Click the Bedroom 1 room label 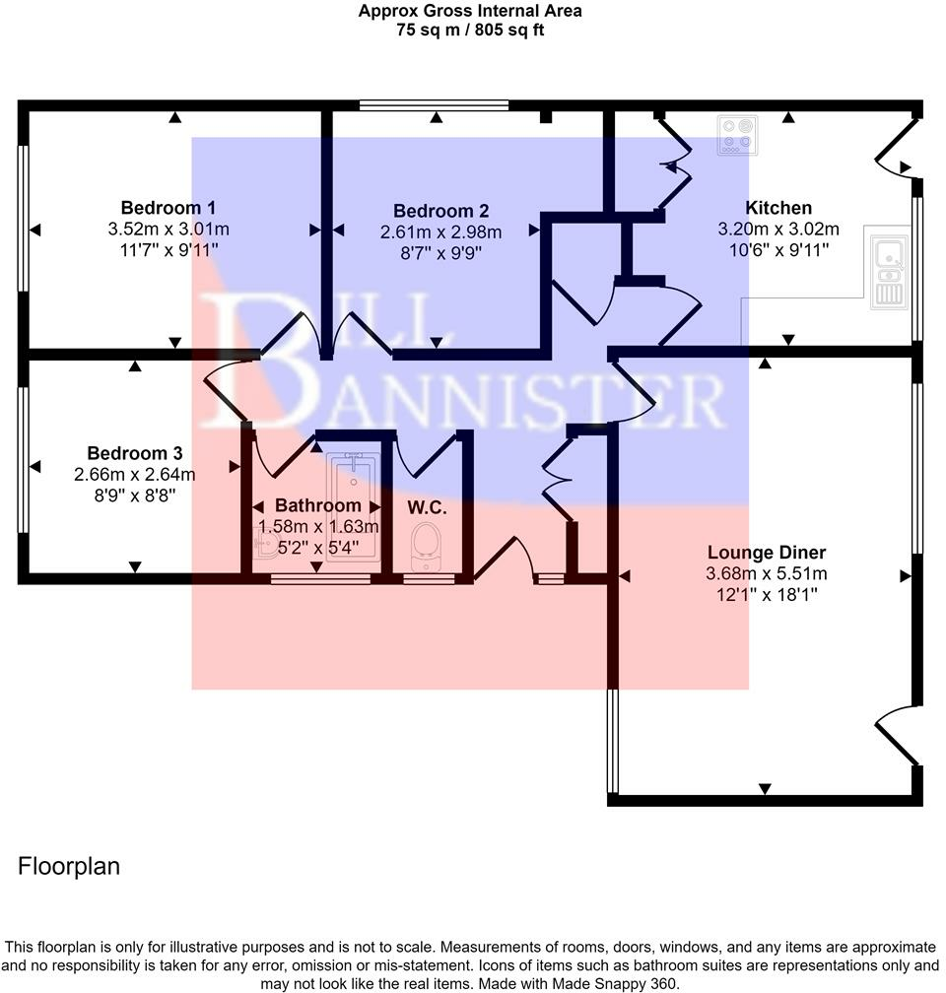tap(169, 208)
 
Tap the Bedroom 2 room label tap(440, 211)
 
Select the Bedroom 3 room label tap(135, 454)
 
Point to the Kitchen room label tap(778, 208)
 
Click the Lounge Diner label tap(766, 553)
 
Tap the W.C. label tap(428, 508)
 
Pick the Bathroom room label tap(317, 505)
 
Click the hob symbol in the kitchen tap(738, 136)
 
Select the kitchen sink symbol tap(888, 267)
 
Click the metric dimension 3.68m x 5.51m tap(766, 573)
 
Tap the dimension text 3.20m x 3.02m tap(778, 229)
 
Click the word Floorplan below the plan tap(69, 867)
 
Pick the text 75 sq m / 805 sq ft tap(469, 30)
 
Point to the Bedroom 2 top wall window tap(434, 104)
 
